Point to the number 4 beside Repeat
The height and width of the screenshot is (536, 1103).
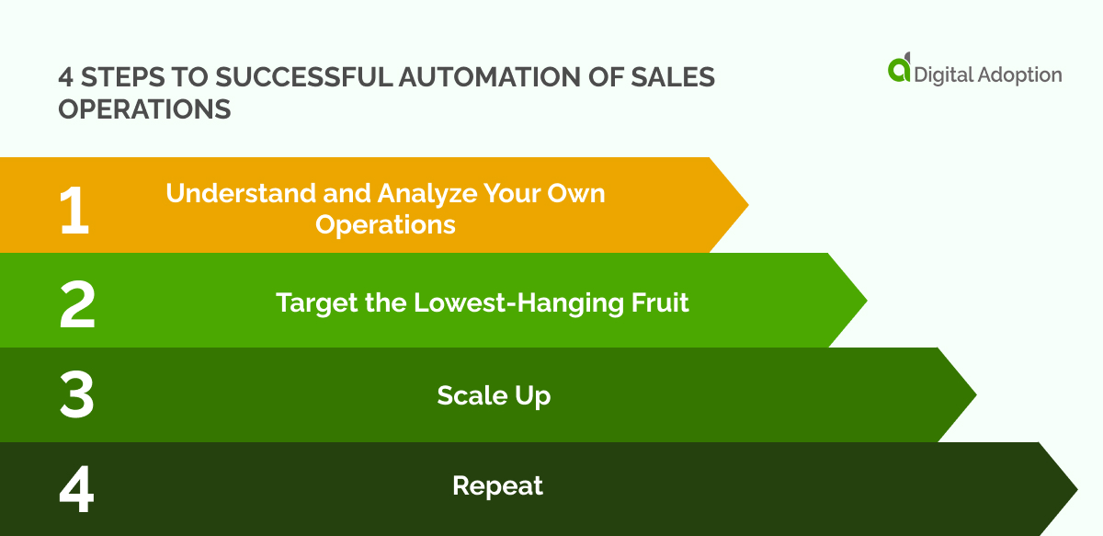[77, 490]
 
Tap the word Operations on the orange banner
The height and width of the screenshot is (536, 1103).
[385, 225]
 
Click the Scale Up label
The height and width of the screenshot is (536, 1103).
[494, 395]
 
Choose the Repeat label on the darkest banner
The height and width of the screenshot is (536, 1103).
[497, 485]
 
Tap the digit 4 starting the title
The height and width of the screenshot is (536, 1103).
[65, 77]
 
